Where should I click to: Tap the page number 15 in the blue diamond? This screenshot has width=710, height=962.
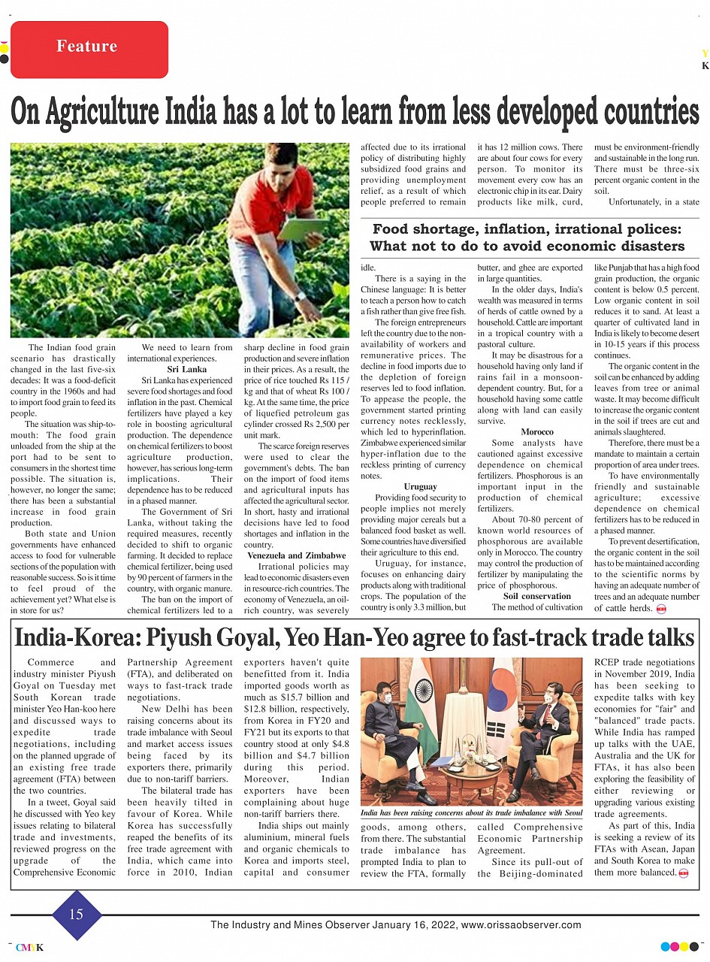click(x=76, y=914)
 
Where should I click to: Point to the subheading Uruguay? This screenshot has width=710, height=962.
click(x=420, y=486)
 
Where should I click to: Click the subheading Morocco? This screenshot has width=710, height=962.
click(x=536, y=431)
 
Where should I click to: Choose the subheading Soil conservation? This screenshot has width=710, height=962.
click(x=536, y=596)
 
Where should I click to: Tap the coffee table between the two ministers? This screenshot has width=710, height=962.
click(x=470, y=774)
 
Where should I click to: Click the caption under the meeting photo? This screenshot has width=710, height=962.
click(x=471, y=813)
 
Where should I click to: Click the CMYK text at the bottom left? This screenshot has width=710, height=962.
click(x=29, y=948)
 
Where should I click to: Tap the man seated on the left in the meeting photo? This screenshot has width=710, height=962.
click(x=392, y=740)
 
